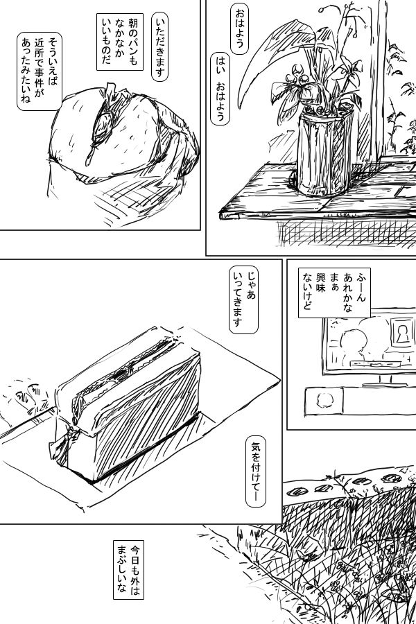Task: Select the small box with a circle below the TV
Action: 324,401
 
